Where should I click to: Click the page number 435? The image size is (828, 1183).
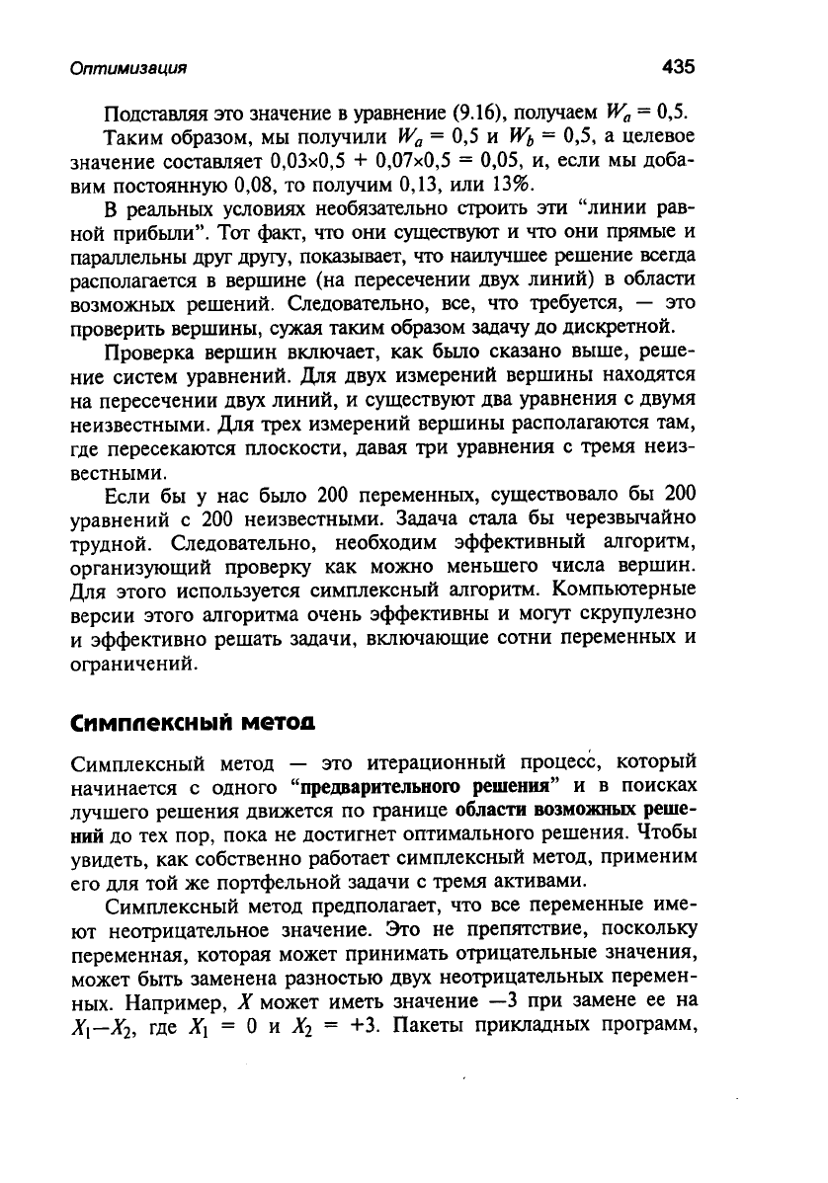(x=679, y=67)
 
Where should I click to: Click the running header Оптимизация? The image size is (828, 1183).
(x=128, y=69)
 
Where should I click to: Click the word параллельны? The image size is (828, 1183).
(x=134, y=257)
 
